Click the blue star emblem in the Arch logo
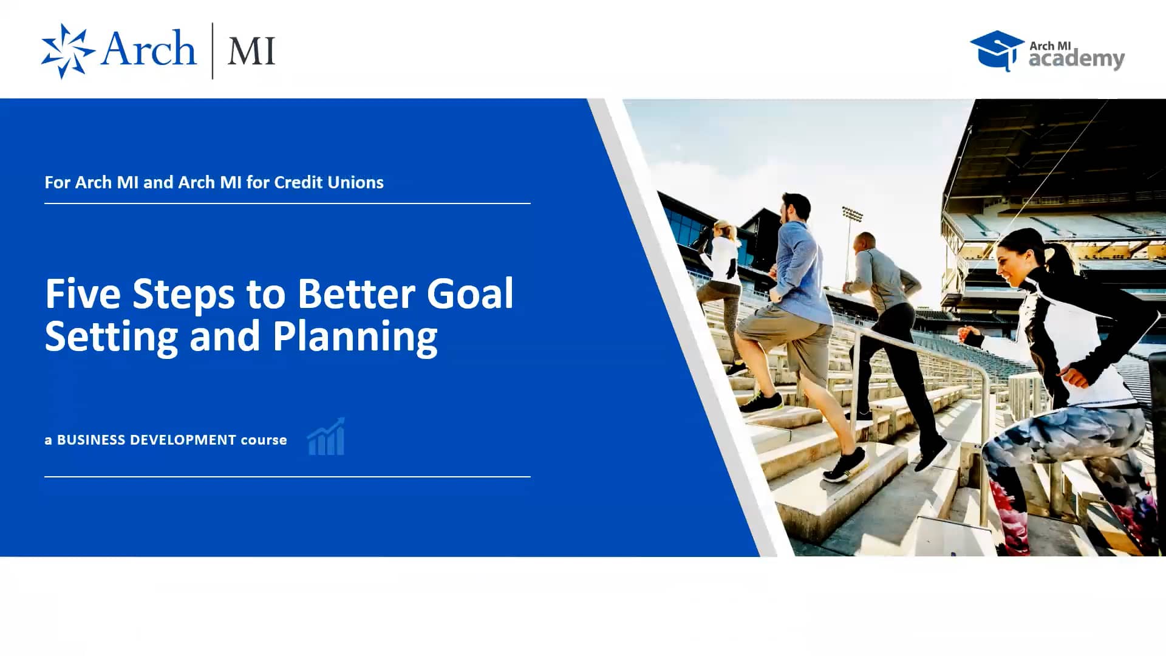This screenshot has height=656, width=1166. point(67,51)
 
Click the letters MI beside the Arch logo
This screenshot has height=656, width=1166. point(251,52)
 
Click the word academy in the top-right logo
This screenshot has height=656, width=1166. point(1076,60)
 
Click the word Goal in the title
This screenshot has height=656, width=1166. point(470,294)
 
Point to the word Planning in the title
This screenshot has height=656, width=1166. point(355,337)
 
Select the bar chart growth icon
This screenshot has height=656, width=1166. point(327,437)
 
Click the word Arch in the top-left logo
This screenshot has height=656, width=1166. point(149,49)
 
